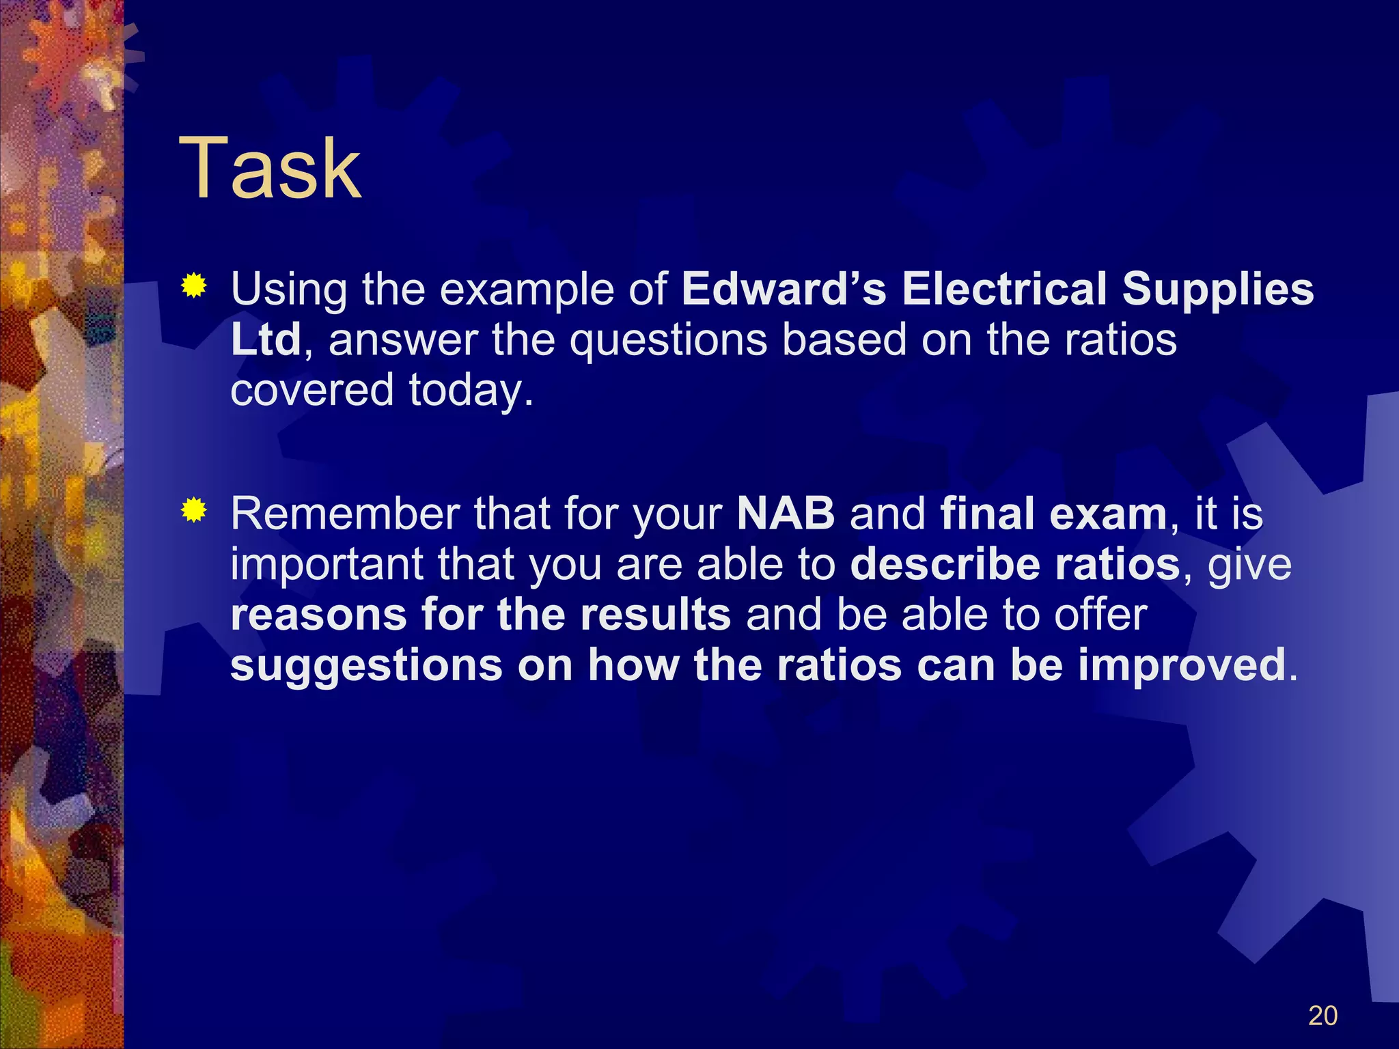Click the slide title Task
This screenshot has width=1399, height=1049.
(269, 168)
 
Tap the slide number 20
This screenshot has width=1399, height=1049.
(1322, 1016)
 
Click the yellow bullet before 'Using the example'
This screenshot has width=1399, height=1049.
(194, 285)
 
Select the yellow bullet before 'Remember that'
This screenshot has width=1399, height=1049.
(194, 510)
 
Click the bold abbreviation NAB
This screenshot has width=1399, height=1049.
(786, 514)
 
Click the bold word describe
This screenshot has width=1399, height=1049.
(945, 564)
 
